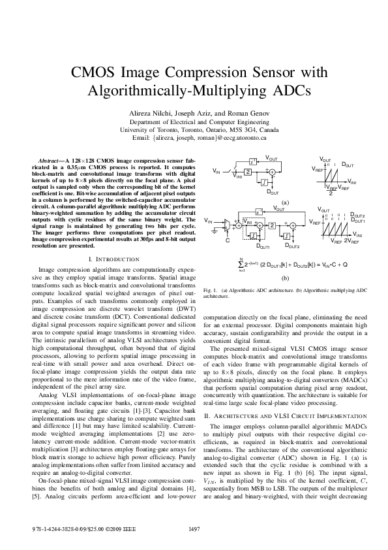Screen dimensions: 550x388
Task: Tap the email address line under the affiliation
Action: point(194,138)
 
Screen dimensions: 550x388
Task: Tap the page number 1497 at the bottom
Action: point(194,529)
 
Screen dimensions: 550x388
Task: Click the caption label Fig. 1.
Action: point(211,308)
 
